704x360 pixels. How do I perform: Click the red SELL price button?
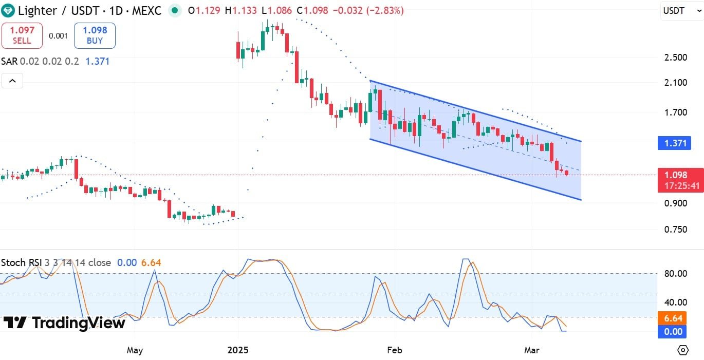click(x=22, y=35)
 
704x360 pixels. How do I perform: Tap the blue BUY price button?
click(x=95, y=35)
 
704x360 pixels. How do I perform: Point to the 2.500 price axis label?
click(x=675, y=57)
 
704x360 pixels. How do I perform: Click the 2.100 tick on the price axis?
click(x=675, y=82)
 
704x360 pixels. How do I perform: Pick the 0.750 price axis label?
click(x=675, y=229)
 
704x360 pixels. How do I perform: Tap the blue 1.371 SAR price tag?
click(x=675, y=143)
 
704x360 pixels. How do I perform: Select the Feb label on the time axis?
click(x=394, y=350)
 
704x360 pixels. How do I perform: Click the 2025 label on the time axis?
click(x=238, y=350)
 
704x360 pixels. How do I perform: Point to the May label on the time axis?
click(x=134, y=350)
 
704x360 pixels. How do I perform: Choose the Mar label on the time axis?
click(x=532, y=350)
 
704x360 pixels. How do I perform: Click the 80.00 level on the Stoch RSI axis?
click(x=675, y=274)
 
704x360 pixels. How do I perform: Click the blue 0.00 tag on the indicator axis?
click(x=672, y=332)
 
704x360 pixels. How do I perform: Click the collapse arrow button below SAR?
click(x=12, y=81)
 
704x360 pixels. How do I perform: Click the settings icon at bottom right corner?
click(x=683, y=350)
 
